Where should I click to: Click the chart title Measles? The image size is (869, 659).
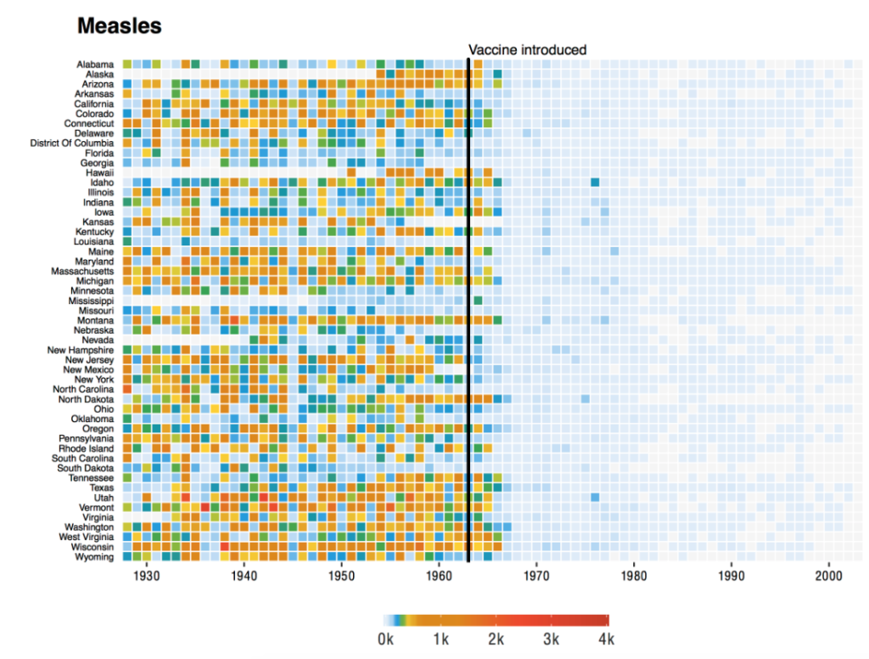[119, 26]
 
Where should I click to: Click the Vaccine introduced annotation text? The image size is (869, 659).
[527, 50]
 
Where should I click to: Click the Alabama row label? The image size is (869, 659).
[95, 65]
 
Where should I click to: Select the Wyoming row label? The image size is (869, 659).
[94, 557]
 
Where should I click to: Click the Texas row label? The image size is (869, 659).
[101, 487]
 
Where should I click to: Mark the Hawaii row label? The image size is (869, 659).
[99, 172]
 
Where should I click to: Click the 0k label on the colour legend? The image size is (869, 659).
[385, 639]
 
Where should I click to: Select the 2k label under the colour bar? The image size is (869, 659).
[496, 639]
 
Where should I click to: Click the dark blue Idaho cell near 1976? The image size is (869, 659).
[595, 183]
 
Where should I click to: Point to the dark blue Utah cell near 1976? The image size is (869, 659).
[595, 498]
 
